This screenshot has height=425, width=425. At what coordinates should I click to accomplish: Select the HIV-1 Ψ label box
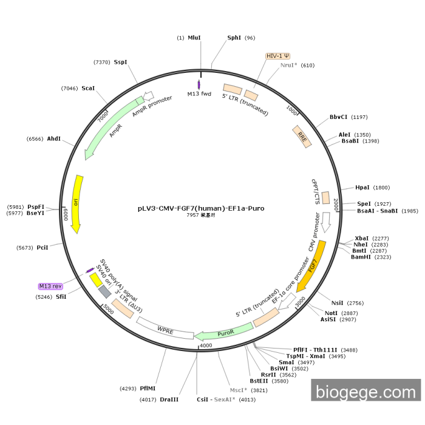coord(277,56)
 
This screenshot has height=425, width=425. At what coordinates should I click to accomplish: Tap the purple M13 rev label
coord(50,286)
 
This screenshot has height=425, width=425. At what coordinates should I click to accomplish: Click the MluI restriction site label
coord(194,38)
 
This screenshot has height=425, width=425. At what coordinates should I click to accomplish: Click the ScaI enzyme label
coord(88,88)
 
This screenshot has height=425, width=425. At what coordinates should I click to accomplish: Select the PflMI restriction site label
coord(148,388)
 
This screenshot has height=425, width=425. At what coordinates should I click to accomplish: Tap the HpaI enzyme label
coord(362,188)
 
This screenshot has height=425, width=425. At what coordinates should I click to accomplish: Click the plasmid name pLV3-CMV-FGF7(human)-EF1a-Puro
coord(201,208)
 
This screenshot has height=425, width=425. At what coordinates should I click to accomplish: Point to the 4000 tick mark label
coord(206,345)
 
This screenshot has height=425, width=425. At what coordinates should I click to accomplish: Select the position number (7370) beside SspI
coord(102,62)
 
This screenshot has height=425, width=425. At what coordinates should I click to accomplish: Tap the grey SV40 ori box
coord(105,292)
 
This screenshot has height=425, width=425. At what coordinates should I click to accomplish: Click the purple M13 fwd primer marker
coord(199,84)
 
